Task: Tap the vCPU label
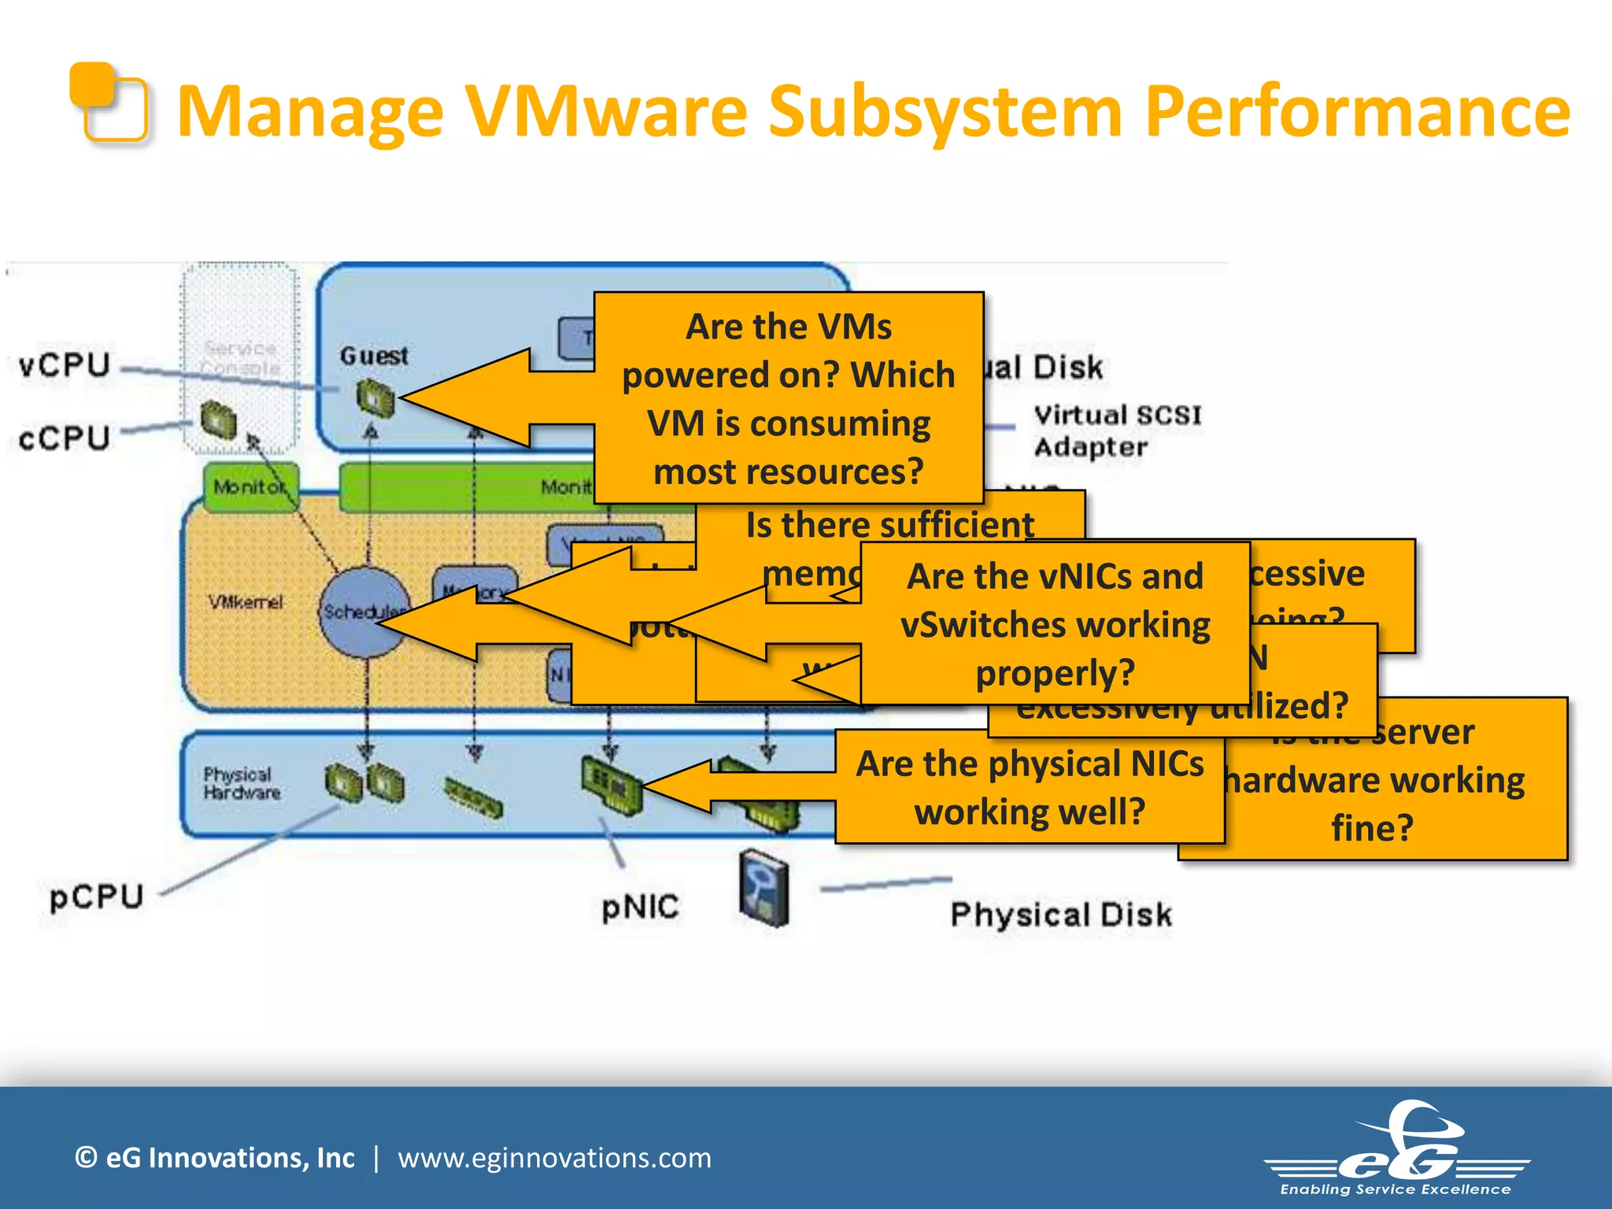coord(65,366)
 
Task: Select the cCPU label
coord(65,438)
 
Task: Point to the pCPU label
coord(96,897)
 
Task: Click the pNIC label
coord(640,908)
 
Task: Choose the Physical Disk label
coord(1061,915)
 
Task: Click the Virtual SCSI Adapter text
coord(1116,431)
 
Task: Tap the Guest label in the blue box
coord(374,356)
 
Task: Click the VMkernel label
coord(245,602)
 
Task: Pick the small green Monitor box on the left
coord(250,487)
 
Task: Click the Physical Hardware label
coord(241,783)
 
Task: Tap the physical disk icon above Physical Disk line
coord(764,887)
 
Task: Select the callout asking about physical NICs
coord(1030,787)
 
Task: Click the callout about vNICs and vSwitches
coord(1055,624)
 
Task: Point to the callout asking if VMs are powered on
coord(789,398)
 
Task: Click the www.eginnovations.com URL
coord(554,1158)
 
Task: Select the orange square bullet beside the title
coord(109,102)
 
